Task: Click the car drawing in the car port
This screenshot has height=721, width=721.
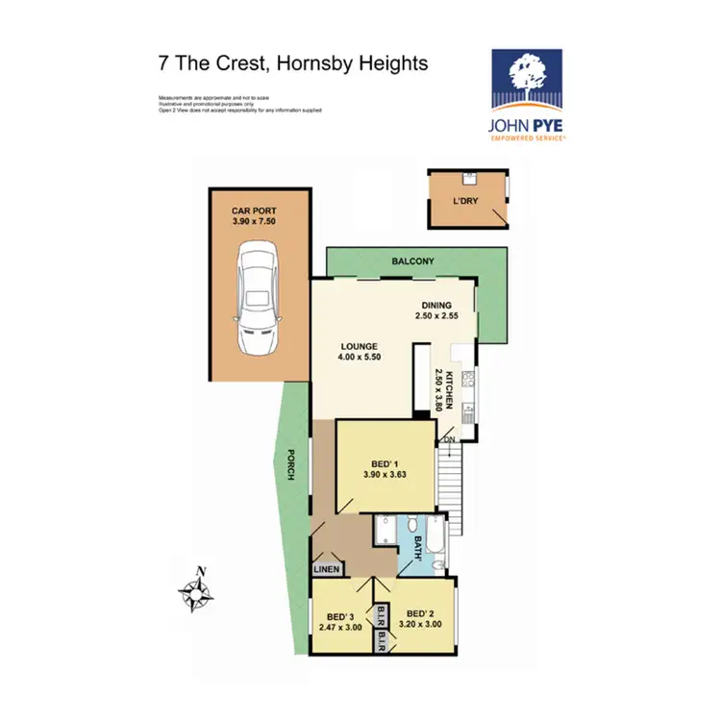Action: click(260, 297)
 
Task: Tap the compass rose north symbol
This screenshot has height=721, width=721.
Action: click(198, 592)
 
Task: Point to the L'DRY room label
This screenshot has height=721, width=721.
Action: click(465, 201)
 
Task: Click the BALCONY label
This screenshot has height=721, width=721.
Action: click(413, 261)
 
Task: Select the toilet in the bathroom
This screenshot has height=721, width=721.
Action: click(411, 525)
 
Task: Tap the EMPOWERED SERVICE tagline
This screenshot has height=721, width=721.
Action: click(529, 138)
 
